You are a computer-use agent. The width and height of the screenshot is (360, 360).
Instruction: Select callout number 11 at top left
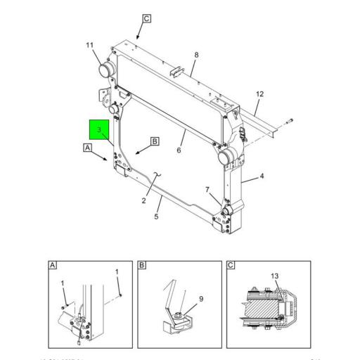point(90,46)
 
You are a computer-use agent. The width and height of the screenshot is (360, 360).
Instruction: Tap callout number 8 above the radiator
point(197,55)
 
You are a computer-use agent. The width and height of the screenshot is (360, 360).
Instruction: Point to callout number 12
point(259,94)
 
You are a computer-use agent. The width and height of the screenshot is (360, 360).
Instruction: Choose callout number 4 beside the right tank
point(262,176)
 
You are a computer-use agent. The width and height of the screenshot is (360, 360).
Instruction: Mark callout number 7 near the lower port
point(207,190)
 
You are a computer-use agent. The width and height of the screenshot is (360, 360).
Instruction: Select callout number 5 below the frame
point(156,217)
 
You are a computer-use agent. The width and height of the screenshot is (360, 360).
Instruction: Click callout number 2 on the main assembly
point(143,201)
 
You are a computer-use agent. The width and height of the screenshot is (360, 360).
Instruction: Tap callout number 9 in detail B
point(201,299)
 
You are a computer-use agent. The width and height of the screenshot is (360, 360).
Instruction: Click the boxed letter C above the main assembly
point(147,18)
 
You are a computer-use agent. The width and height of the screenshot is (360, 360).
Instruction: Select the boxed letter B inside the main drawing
point(155,141)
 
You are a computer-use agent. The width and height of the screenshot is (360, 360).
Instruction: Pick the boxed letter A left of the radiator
point(87,148)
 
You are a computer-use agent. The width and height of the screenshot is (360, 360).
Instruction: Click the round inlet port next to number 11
point(108,70)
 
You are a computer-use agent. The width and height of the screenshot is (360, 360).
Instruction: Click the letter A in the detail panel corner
point(53,266)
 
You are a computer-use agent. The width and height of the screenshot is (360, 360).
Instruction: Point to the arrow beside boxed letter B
point(141,149)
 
